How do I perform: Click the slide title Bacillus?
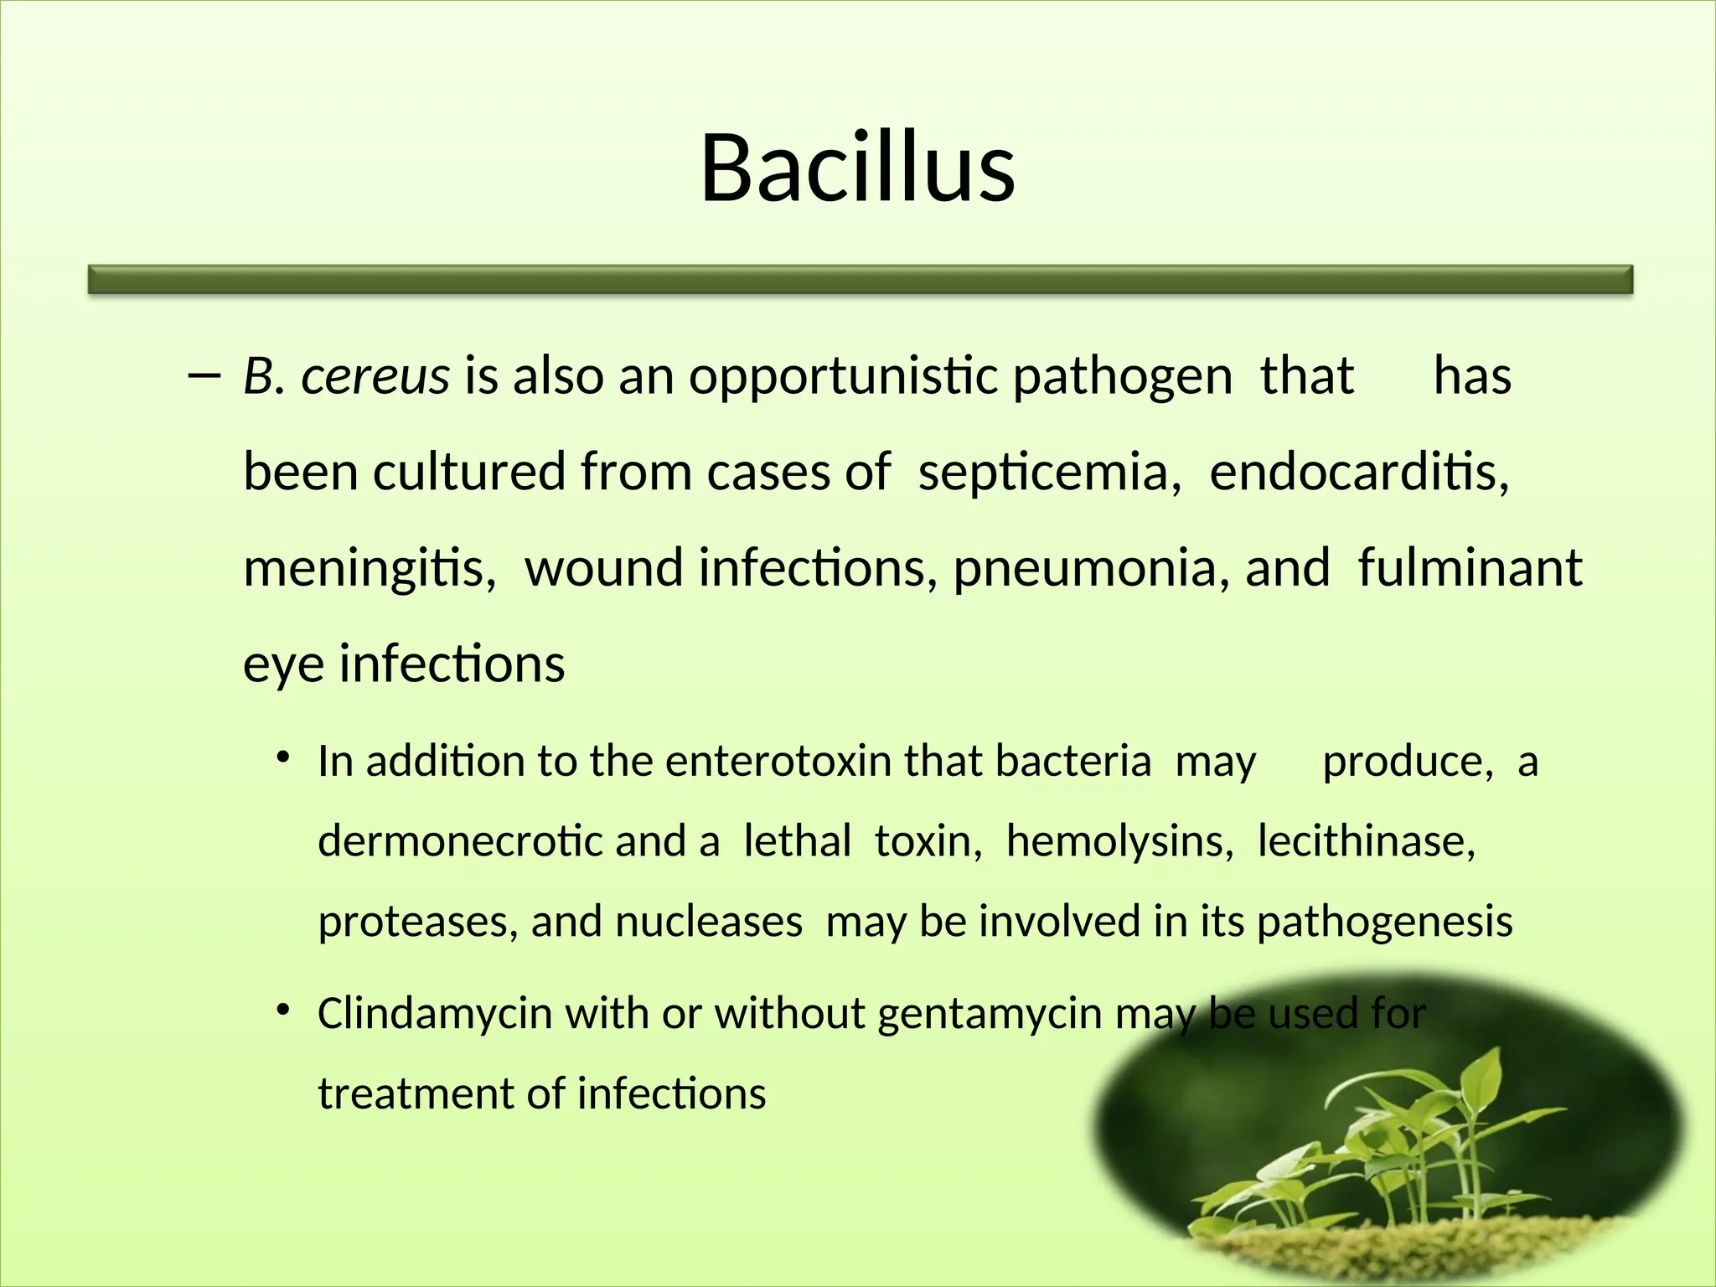coord(857,169)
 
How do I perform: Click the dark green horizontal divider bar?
coord(860,280)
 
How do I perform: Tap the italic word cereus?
coord(375,376)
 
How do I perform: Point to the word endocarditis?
coord(1359,472)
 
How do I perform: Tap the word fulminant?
coord(1470,568)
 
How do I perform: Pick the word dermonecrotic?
coord(460,842)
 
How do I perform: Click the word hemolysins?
coord(1119,841)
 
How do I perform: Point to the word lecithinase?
coord(1366,841)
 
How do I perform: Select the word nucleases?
coord(709,922)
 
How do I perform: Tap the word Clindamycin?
coord(435,1015)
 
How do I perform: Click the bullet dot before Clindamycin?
coord(284,1010)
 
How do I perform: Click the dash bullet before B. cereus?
coord(204,376)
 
